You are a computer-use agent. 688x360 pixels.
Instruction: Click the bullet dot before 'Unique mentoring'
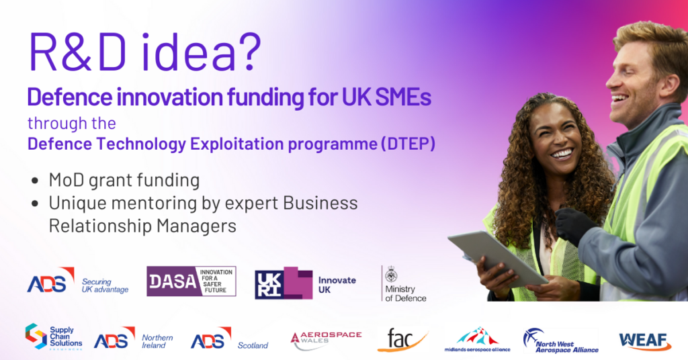click(x=35, y=204)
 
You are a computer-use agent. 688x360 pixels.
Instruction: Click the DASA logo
click(x=191, y=281)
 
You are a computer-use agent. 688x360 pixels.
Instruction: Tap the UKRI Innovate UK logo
click(x=306, y=283)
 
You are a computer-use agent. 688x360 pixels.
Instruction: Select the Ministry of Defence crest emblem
click(x=391, y=275)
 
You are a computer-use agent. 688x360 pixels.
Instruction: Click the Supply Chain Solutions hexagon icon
click(x=36, y=336)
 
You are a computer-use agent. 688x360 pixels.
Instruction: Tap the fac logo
click(x=402, y=341)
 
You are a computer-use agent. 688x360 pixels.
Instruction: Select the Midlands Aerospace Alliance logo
click(x=478, y=339)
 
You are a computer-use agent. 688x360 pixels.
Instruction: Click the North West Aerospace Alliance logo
click(x=561, y=341)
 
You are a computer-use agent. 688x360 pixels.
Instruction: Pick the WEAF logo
click(x=645, y=341)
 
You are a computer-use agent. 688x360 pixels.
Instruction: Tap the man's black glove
click(x=575, y=226)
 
